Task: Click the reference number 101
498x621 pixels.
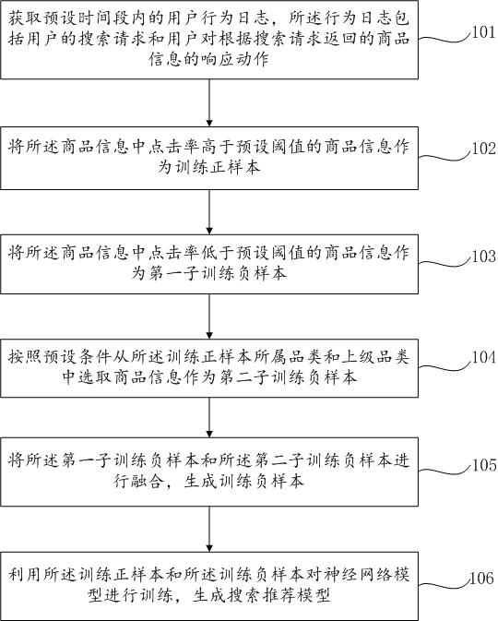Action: [x=484, y=31]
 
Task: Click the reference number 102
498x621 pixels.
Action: [x=484, y=149]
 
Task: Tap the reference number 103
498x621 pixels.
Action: [x=484, y=257]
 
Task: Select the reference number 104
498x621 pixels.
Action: [x=484, y=357]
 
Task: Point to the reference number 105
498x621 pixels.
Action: [x=484, y=465]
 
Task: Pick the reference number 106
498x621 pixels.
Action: [x=482, y=579]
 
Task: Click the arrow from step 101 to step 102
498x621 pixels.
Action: [x=209, y=103]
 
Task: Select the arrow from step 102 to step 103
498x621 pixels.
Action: [x=209, y=212]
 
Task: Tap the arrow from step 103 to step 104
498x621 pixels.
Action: [x=209, y=316]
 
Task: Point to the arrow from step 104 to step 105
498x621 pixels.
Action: [x=209, y=417]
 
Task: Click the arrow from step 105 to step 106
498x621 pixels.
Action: [x=209, y=529]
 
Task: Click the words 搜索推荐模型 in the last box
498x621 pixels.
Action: [x=261, y=595]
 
